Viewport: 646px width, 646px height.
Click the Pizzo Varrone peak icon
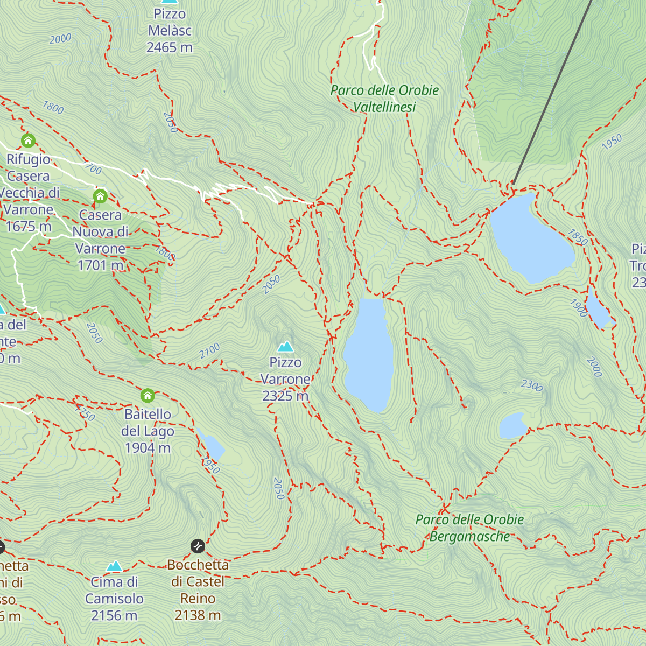(285, 346)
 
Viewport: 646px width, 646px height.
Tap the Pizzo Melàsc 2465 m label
(170, 31)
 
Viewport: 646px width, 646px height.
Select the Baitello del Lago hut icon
(148, 396)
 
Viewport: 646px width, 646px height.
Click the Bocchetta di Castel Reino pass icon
(198, 546)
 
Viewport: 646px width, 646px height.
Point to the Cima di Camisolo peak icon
(114, 566)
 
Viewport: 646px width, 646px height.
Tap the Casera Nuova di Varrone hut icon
(100, 196)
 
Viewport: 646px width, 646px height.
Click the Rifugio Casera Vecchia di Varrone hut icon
(28, 141)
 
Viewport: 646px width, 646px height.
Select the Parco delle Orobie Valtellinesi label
(384, 99)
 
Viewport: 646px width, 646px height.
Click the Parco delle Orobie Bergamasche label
(469, 528)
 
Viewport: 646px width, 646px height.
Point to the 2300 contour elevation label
(532, 385)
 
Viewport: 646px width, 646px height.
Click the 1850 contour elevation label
(578, 237)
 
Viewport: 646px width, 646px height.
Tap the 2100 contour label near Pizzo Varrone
(209, 351)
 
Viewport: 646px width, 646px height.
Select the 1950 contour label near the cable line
(612, 142)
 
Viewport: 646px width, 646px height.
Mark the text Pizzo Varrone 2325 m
(285, 379)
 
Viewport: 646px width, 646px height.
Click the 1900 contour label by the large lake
(579, 308)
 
